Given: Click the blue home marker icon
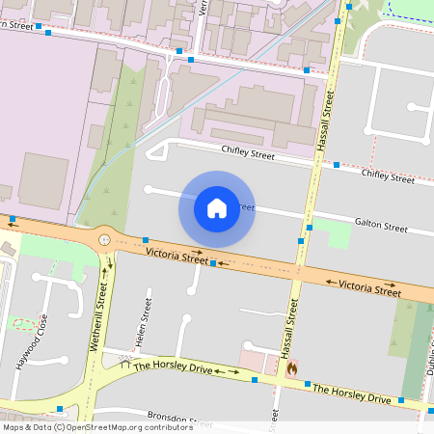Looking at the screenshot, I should point(217,207).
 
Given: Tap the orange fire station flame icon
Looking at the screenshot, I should point(291,367).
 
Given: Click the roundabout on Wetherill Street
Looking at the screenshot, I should point(104,240).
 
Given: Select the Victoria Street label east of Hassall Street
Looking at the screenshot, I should point(369,286).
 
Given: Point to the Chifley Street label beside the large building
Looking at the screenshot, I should point(248,152).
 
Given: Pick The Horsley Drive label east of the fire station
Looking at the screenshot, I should point(352,393).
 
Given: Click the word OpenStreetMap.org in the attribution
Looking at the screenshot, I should point(103,426).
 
